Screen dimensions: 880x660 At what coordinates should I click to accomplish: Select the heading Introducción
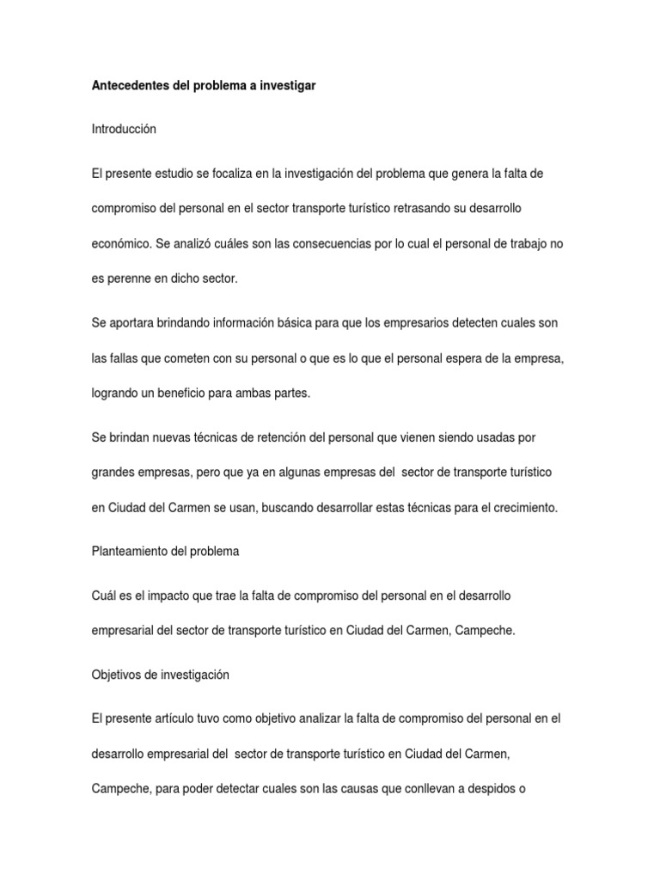click(x=124, y=129)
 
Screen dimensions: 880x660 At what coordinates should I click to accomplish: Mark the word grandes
click(x=113, y=473)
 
